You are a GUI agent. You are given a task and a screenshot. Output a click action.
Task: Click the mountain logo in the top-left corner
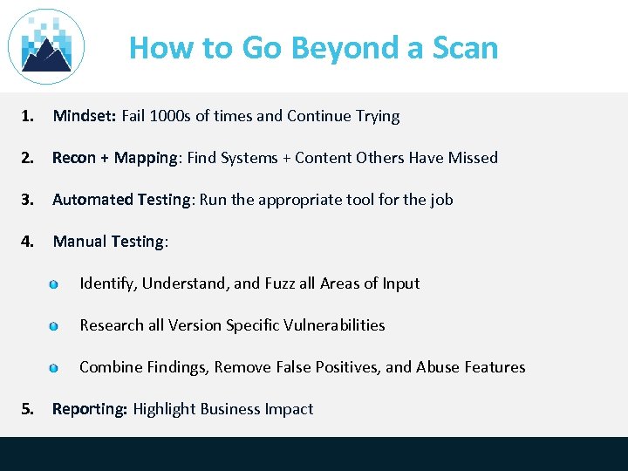pos(46,46)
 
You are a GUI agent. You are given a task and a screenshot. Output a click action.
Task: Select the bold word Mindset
pos(85,116)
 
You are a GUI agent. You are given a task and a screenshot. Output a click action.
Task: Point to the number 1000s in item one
pos(172,116)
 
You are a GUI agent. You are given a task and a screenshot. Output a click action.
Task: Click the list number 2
pos(29,158)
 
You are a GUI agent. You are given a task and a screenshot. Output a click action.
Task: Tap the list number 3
pos(29,200)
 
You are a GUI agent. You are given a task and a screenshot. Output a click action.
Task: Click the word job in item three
pos(441,200)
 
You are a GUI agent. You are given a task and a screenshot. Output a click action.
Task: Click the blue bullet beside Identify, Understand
pos(54,284)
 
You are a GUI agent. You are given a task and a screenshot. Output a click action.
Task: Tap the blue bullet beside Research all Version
pos(54,326)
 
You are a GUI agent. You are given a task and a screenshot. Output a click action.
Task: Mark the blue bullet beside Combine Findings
pos(54,368)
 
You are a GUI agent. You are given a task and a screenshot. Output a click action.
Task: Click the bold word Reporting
pos(90,409)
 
